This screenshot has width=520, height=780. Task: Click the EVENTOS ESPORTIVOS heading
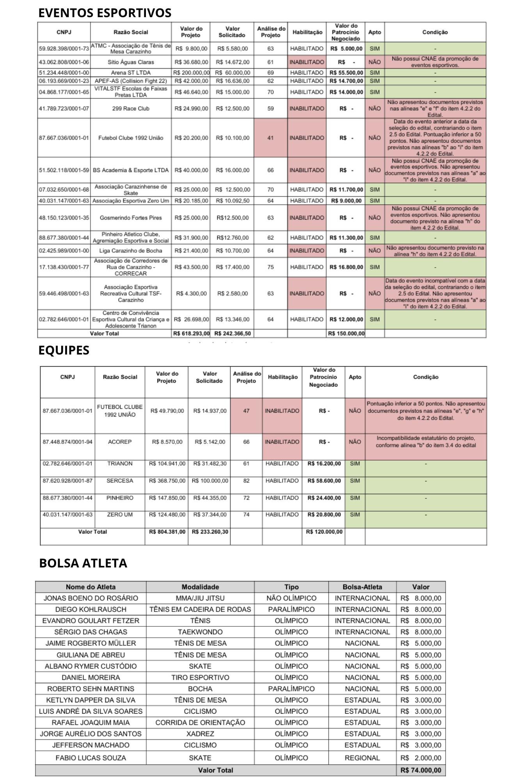click(105, 13)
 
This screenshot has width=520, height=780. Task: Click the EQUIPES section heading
click(64, 350)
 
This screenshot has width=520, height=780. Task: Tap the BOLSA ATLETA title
click(83, 563)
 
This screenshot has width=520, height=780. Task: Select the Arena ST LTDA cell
click(131, 73)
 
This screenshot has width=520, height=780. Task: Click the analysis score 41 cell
click(270, 138)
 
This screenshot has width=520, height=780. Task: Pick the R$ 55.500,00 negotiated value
click(346, 73)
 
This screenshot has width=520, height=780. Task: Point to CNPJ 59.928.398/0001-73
click(64, 49)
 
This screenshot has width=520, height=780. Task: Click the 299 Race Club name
click(131, 108)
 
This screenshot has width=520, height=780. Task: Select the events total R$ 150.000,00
click(346, 333)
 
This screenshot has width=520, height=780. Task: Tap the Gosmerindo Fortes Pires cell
click(131, 218)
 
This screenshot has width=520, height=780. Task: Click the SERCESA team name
click(120, 480)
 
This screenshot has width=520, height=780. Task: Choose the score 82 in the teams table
click(246, 480)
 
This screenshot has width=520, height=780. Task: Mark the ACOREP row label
click(120, 441)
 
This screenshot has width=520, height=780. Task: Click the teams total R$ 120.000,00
click(324, 532)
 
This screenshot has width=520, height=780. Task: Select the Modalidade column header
click(200, 587)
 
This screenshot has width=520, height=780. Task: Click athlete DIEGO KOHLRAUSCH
click(91, 609)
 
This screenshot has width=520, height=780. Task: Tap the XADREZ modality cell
click(200, 734)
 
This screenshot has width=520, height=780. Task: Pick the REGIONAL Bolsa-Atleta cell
click(362, 758)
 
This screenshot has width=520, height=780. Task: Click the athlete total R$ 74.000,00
click(421, 770)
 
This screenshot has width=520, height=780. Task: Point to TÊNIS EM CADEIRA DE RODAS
click(200, 609)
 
